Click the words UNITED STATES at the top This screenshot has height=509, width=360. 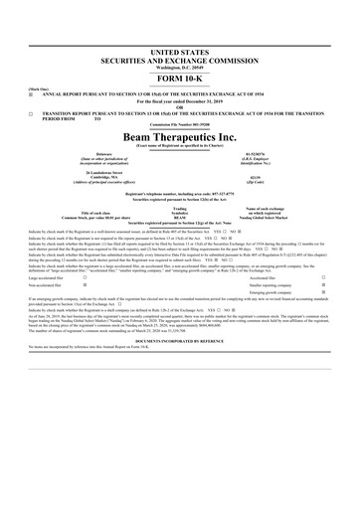click(179, 49)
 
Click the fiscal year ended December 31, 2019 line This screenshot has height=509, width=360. click(179, 100)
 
